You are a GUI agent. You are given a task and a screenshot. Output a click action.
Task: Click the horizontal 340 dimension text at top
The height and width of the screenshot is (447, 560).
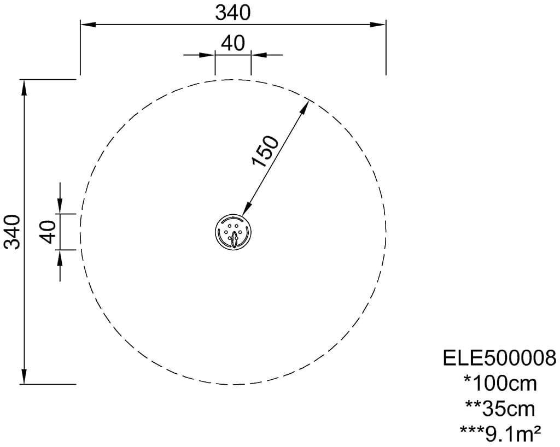pos(233,13)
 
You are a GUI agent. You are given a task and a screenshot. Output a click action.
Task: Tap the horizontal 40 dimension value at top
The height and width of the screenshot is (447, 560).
pos(233,44)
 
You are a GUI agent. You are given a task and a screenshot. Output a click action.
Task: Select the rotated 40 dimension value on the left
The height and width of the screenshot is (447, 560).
pos(49,232)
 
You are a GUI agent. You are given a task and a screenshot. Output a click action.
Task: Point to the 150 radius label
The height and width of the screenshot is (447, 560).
pos(265,151)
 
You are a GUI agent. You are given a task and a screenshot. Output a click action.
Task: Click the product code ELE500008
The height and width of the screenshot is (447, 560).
pos(500,358)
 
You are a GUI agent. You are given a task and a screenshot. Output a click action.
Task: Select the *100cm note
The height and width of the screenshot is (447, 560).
pos(500,384)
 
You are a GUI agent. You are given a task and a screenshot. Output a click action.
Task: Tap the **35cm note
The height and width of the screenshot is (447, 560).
pos(500,409)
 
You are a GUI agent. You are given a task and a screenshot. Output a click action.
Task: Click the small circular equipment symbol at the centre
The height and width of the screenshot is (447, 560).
pos(233,232)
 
